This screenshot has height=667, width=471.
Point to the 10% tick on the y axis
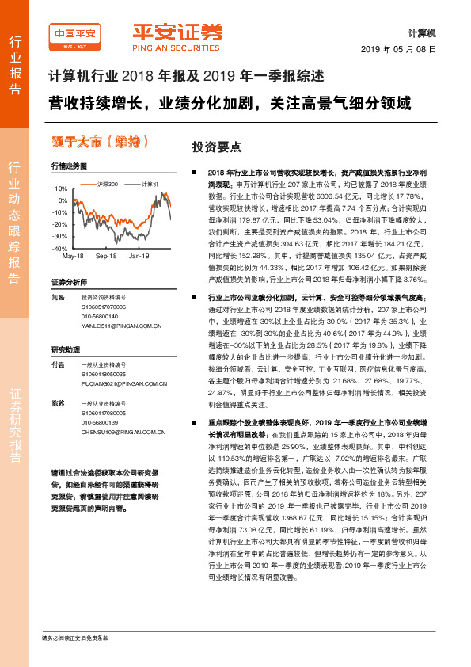(61, 190)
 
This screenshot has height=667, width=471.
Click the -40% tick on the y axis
(60, 249)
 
